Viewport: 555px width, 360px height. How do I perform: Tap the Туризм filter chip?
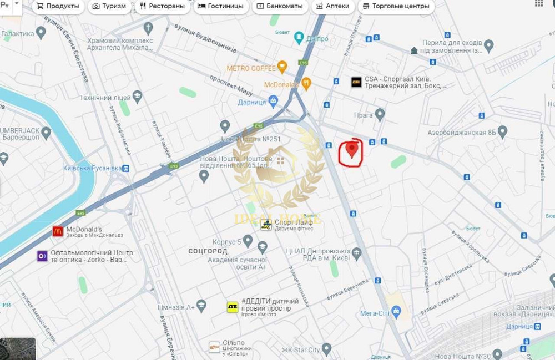pos(109,7)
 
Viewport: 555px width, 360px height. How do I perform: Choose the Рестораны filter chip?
pos(162,7)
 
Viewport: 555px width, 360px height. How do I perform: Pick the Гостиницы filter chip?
pos(220,7)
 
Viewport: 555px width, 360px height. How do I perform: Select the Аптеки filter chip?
pos(332,7)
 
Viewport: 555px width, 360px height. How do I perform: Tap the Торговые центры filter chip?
pos(395,7)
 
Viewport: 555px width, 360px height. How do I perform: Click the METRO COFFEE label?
pos(251,68)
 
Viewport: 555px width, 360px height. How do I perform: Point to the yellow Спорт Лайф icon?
pos(266,225)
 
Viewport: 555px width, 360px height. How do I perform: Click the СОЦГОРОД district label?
pos(208,251)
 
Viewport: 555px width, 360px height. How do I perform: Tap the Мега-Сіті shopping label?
pos(375,313)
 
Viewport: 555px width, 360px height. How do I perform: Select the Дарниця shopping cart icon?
pos(273,101)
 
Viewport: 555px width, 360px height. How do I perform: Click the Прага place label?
pos(363,115)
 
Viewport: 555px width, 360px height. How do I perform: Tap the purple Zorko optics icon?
pos(42,256)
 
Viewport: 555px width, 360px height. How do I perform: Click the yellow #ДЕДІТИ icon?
pos(232,307)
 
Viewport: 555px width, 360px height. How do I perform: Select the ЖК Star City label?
pos(300,350)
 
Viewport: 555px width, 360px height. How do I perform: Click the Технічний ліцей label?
pos(104,98)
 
